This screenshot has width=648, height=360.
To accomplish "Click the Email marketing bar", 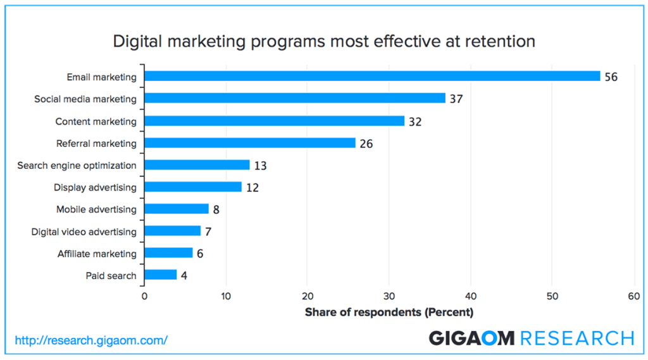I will pos(372,77).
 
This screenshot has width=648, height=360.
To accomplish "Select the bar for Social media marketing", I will pos(295,99).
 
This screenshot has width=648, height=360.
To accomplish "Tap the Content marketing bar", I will pos(275,121).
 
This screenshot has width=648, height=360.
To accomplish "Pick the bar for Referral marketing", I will pos(250,143).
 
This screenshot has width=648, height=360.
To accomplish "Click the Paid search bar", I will pos(161,275).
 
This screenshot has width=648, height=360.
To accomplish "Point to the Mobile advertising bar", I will pos(177,209).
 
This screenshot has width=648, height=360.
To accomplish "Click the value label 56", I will pos(610,77).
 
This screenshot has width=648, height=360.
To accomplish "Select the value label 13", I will pos(260,166).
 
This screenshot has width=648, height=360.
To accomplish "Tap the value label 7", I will pos(208,232).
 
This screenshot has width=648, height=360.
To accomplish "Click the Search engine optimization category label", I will pos(77,166).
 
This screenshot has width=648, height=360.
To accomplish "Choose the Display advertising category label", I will pos(95,187).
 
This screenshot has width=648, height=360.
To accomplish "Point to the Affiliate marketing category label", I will pos(97,254).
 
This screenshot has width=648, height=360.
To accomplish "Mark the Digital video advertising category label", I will pos(84,232).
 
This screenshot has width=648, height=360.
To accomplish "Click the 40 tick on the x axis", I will pos(470,296).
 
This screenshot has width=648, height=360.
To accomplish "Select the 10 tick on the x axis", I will pos(226,296).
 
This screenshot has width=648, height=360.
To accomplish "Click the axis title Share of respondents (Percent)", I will pos(389,312).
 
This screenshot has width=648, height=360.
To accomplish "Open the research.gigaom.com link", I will pos(91,340).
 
